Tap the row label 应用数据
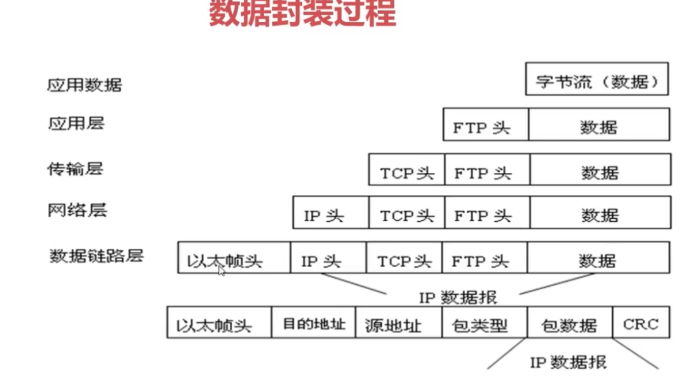[85, 85]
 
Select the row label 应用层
[76, 123]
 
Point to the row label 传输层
[75, 169]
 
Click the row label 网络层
[78, 210]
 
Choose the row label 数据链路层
[96, 255]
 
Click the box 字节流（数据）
[597, 79]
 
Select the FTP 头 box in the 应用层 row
[486, 124]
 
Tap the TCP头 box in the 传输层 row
[406, 169]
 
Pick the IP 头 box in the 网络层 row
[331, 213]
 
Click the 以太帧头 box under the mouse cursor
[234, 257]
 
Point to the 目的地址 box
[313, 322]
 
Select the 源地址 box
[398, 322]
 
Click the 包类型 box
[484, 322]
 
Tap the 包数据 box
[570, 322]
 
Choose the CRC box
[641, 322]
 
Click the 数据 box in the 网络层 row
[601, 213]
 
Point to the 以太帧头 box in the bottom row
[219, 322]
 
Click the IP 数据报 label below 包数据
[568, 363]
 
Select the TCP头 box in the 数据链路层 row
[404, 257]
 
